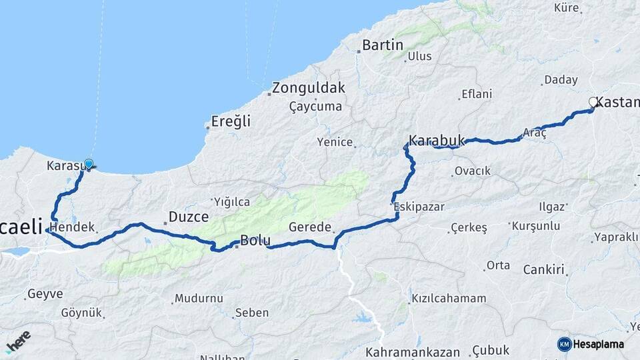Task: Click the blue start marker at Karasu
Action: (89, 163)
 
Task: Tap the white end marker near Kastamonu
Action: (593, 102)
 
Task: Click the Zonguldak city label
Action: (308, 88)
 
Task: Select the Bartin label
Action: (383, 45)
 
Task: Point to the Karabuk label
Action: (436, 141)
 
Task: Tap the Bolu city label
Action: (255, 241)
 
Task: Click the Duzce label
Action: (189, 217)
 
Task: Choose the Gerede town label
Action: (309, 227)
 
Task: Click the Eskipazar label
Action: (419, 207)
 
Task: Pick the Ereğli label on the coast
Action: (231, 121)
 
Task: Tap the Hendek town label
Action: (77, 227)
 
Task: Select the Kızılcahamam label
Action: (449, 298)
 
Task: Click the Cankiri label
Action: (543, 270)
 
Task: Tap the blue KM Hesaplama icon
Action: (564, 344)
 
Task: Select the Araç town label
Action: (535, 133)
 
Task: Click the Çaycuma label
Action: (315, 107)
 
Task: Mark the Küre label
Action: (568, 8)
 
